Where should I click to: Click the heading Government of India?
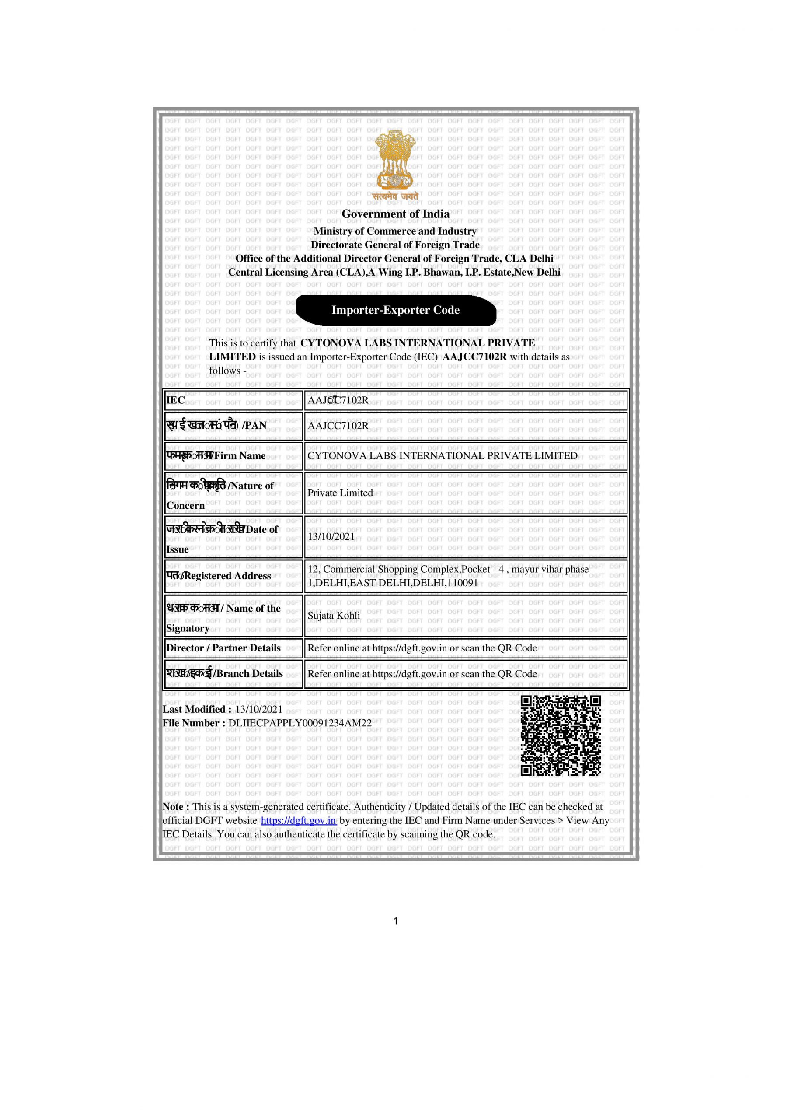(395, 213)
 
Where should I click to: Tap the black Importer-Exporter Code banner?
(395, 310)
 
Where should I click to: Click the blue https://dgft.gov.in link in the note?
(299, 820)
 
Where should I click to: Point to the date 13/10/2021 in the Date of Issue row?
(331, 536)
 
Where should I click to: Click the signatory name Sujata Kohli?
(334, 616)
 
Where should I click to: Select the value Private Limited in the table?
(340, 493)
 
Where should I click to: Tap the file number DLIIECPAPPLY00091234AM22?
(300, 723)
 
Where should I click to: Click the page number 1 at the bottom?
(395, 921)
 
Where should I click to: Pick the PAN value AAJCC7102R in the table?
(338, 426)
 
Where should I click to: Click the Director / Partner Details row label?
(223, 648)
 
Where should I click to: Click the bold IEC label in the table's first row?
(176, 400)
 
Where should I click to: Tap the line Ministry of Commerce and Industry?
(395, 231)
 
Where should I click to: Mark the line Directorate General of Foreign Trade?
(395, 245)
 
